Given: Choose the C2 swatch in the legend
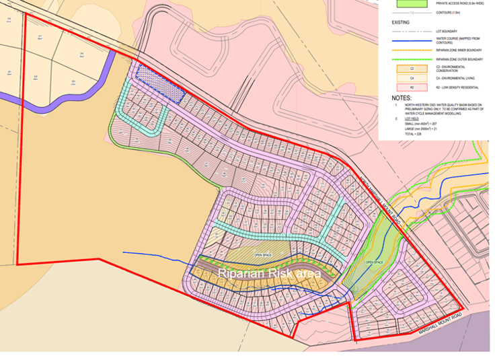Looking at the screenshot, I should tap(410, 68).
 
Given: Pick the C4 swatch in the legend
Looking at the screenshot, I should tap(410, 78).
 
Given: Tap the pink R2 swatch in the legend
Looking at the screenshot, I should tap(410, 87).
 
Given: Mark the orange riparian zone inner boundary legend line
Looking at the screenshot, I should tap(410, 50).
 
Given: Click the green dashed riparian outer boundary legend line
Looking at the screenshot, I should tap(410, 59).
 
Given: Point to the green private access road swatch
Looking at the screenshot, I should tap(410, 3).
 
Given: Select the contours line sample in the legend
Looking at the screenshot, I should tap(410, 13).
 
